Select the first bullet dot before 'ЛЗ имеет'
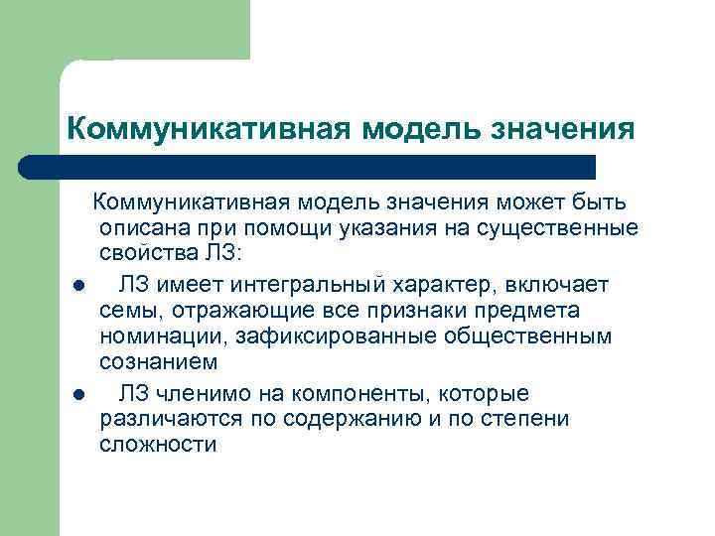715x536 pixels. pos(77,286)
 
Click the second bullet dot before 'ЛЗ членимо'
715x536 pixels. pos(77,394)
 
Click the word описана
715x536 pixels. pos(139,230)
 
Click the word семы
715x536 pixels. pos(125,312)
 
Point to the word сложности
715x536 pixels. pos(158,445)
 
